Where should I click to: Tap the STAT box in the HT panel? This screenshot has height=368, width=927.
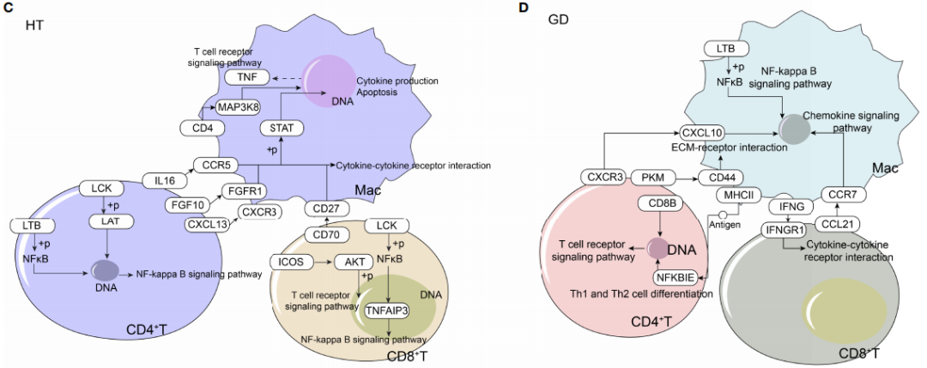[282, 128]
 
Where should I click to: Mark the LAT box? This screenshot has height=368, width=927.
[107, 221]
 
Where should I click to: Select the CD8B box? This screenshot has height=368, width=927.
[657, 203]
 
